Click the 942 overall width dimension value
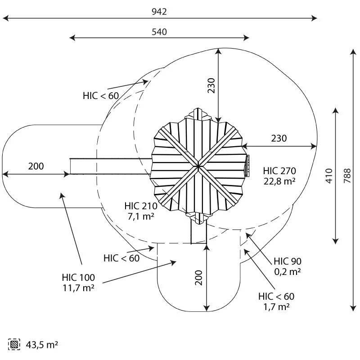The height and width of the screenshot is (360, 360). click(159, 12)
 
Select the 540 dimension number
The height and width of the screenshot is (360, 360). click(159, 32)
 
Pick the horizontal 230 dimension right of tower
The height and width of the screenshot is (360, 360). click(279, 139)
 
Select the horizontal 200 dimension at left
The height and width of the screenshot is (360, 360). click(36, 166)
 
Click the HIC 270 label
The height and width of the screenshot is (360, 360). click(279, 171)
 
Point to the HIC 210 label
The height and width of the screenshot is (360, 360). click(141, 206)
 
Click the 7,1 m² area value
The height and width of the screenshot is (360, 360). click(141, 216)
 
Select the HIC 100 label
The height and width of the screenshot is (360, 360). click(79, 277)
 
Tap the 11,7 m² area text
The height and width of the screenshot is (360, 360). click(79, 288)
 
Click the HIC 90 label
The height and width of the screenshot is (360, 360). click(288, 261)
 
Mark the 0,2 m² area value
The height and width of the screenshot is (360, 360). click(288, 272)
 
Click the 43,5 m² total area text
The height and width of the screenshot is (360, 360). click(42, 345)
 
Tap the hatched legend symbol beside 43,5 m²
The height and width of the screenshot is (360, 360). click(15, 345)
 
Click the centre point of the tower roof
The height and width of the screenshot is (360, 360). click(198, 166)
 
